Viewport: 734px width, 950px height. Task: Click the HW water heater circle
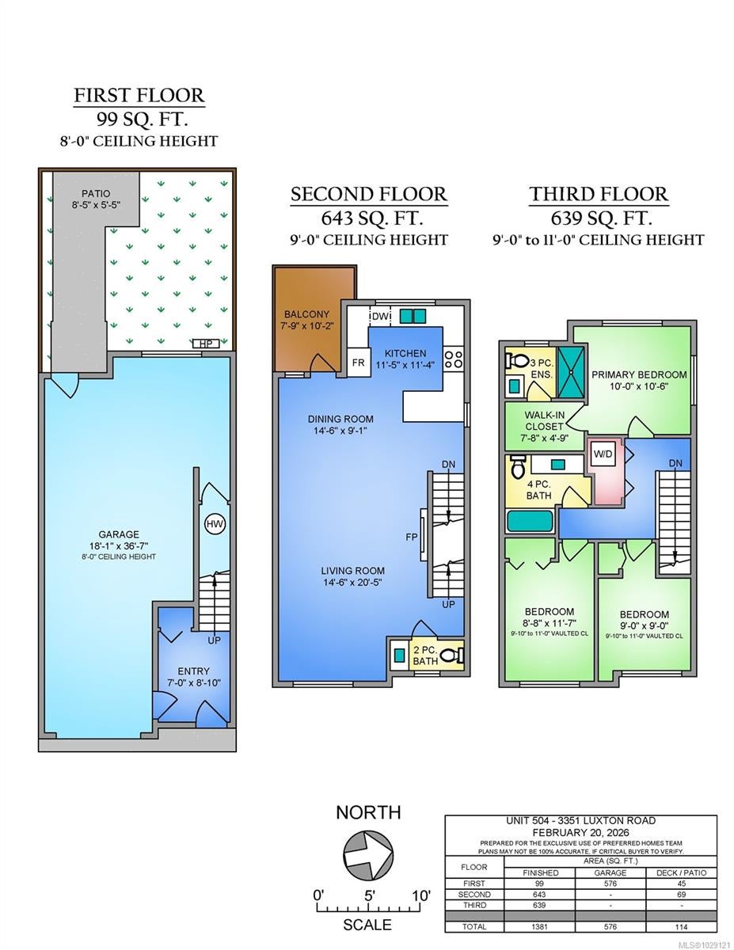click(x=215, y=524)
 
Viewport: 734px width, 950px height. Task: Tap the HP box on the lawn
click(x=206, y=344)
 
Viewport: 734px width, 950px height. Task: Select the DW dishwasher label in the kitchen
click(x=380, y=316)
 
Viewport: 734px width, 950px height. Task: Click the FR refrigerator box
click(x=359, y=362)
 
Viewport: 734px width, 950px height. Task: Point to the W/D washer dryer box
click(x=603, y=454)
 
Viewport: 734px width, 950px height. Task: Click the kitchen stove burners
click(x=454, y=359)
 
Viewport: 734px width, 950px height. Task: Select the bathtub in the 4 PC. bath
click(x=531, y=521)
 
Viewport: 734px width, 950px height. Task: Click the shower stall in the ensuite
click(x=571, y=372)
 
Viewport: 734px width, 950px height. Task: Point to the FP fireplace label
click(x=412, y=537)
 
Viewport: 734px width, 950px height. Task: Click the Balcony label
click(x=306, y=314)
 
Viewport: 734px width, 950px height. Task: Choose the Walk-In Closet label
click(x=544, y=420)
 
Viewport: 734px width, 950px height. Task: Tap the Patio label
click(x=96, y=193)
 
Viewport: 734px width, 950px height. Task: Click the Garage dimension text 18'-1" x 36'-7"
click(x=119, y=545)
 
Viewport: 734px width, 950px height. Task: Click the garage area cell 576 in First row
click(x=610, y=883)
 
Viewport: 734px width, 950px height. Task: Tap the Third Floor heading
click(x=599, y=194)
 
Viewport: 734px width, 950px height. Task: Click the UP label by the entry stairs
click(x=215, y=640)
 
